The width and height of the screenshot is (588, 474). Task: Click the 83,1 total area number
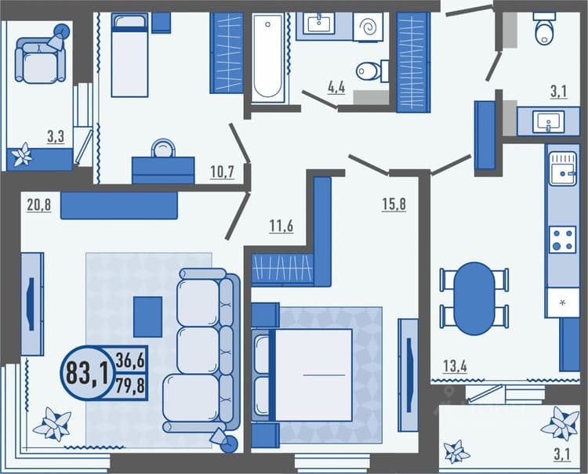pyautogui.click(x=88, y=373)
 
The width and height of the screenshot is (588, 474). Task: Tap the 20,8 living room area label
pyautogui.click(x=38, y=205)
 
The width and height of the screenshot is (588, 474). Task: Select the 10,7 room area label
pyautogui.click(x=222, y=172)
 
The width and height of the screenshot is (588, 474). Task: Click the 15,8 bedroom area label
pyautogui.click(x=394, y=204)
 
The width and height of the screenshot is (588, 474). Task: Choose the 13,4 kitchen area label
pyautogui.click(x=455, y=366)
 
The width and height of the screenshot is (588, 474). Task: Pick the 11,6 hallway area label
pyautogui.click(x=281, y=226)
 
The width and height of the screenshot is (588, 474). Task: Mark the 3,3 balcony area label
pyautogui.click(x=56, y=137)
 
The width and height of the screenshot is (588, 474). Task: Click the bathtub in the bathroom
pyautogui.click(x=268, y=58)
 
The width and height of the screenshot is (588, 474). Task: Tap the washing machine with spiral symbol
pyautogui.click(x=368, y=27)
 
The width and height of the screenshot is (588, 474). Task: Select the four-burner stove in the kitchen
pyautogui.click(x=563, y=240)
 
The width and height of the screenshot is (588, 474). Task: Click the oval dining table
pyautogui.click(x=474, y=299)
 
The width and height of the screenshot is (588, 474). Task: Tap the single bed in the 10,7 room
pyautogui.click(x=129, y=55)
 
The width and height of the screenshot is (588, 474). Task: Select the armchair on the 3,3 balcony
pyautogui.click(x=39, y=60)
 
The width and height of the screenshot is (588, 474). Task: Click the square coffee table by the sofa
pyautogui.click(x=148, y=317)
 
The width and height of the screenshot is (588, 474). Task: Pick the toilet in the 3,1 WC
pyautogui.click(x=544, y=29)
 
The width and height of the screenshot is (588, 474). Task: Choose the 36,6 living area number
pyautogui.click(x=130, y=360)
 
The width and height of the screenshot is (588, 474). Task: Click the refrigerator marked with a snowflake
pyautogui.click(x=562, y=302)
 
